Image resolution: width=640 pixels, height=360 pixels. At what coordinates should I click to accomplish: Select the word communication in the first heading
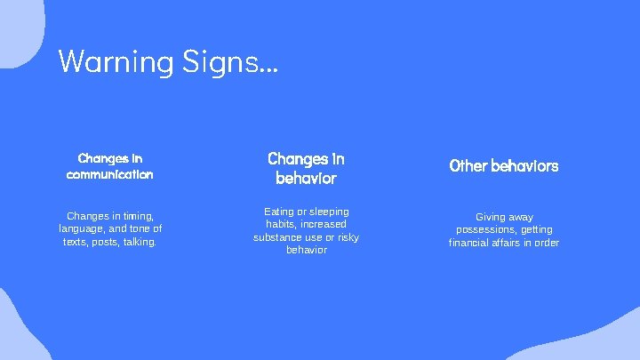[x=109, y=174]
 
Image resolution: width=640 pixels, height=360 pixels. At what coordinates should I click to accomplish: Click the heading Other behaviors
[x=504, y=165]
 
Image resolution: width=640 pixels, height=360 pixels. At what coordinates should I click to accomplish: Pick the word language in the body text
[x=80, y=228]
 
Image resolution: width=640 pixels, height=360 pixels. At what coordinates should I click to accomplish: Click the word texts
[x=76, y=242]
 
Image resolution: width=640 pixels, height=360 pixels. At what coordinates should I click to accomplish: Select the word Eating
[x=279, y=212]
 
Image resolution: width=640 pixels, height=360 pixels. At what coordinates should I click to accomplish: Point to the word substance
[x=278, y=237]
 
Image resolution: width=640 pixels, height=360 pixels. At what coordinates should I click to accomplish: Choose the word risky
[x=348, y=237]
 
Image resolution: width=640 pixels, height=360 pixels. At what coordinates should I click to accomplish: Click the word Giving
[x=491, y=217]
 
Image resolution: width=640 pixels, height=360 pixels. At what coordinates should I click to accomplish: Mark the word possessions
[x=485, y=229]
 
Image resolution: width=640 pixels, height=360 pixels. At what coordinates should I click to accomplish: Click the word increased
[x=323, y=224]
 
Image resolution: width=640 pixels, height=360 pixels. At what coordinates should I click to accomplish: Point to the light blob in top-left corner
[x=18, y=27]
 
